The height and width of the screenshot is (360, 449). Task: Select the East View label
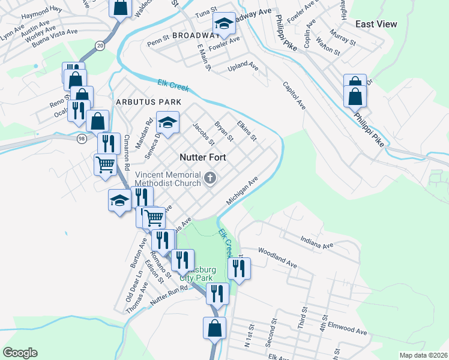click(x=376, y=24)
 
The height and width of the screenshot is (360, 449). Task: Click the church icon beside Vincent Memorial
click(x=210, y=177)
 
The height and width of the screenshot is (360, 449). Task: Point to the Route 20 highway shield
click(x=99, y=46)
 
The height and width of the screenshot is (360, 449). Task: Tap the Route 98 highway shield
click(x=82, y=139)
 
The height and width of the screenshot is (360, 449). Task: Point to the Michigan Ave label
click(x=242, y=190)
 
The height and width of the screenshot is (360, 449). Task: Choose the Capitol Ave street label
click(x=294, y=95)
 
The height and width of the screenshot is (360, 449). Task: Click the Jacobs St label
click(x=203, y=134)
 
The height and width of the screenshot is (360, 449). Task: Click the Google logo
click(x=20, y=353)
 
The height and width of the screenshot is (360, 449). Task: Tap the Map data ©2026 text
click(x=423, y=355)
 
